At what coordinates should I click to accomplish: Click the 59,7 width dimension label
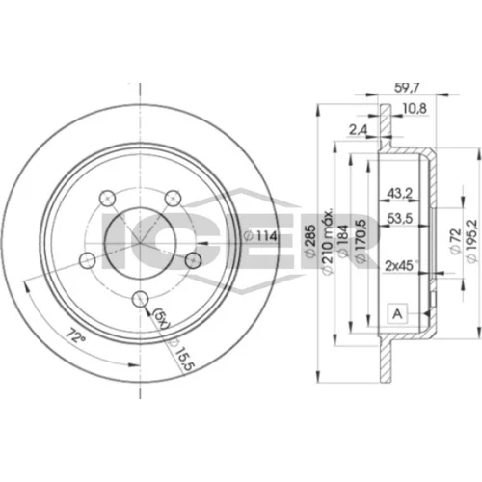tap(407, 88)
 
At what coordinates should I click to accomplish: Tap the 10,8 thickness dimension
tap(415, 109)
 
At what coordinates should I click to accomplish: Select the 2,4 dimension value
tap(359, 130)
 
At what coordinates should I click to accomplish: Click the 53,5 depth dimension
tap(400, 219)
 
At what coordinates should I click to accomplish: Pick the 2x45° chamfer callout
tap(401, 265)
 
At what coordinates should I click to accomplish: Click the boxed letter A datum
tap(397, 313)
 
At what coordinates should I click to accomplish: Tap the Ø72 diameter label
tap(455, 241)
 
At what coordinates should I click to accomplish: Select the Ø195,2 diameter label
tap(471, 241)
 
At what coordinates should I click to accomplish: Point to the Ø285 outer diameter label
tap(309, 241)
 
